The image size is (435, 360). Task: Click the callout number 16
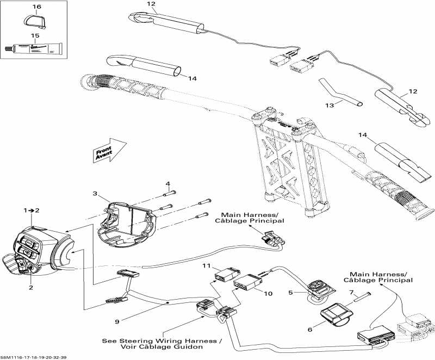tap(36, 7)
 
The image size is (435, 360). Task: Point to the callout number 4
tap(168, 183)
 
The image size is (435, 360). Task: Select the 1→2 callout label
tap(32, 209)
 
